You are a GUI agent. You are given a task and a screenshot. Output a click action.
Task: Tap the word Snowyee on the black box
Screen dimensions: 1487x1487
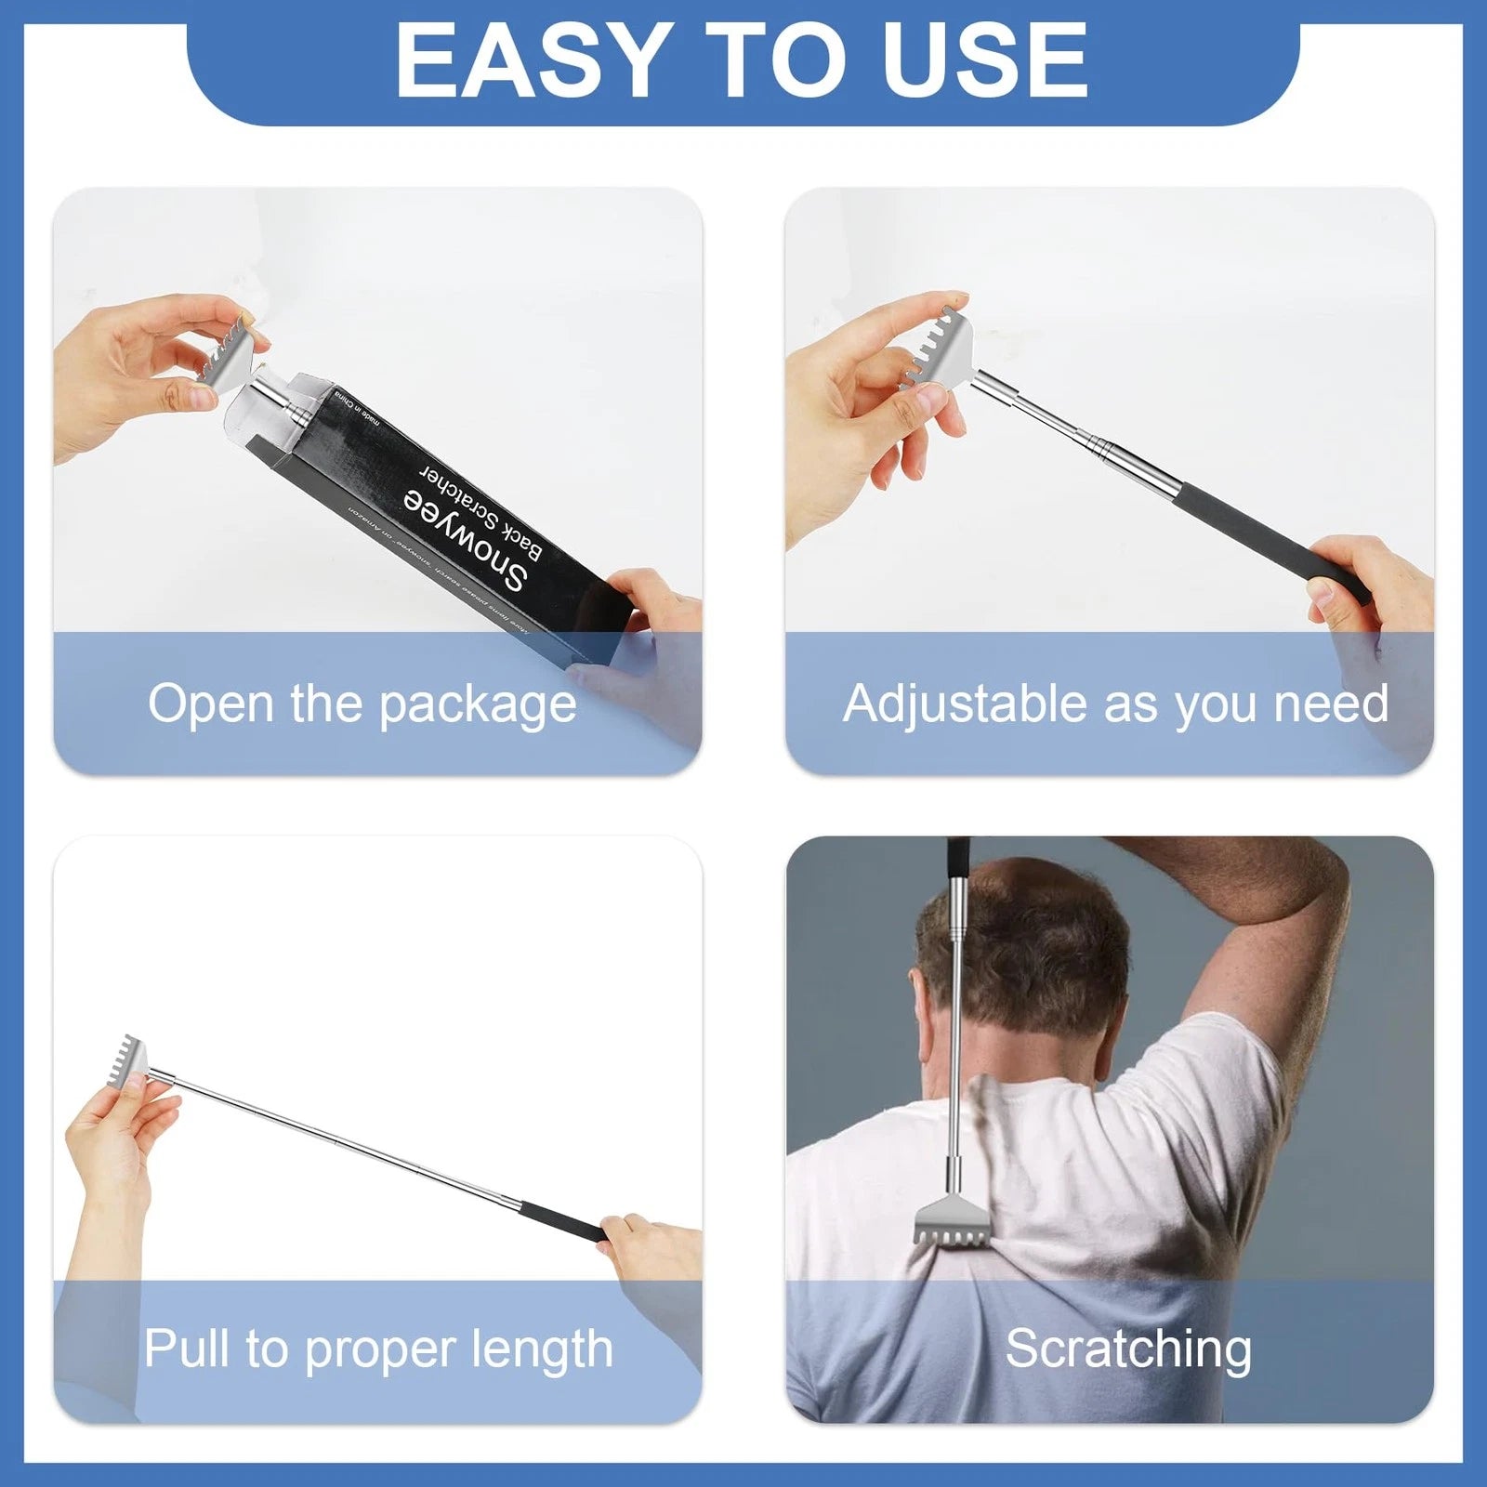(x=466, y=540)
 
